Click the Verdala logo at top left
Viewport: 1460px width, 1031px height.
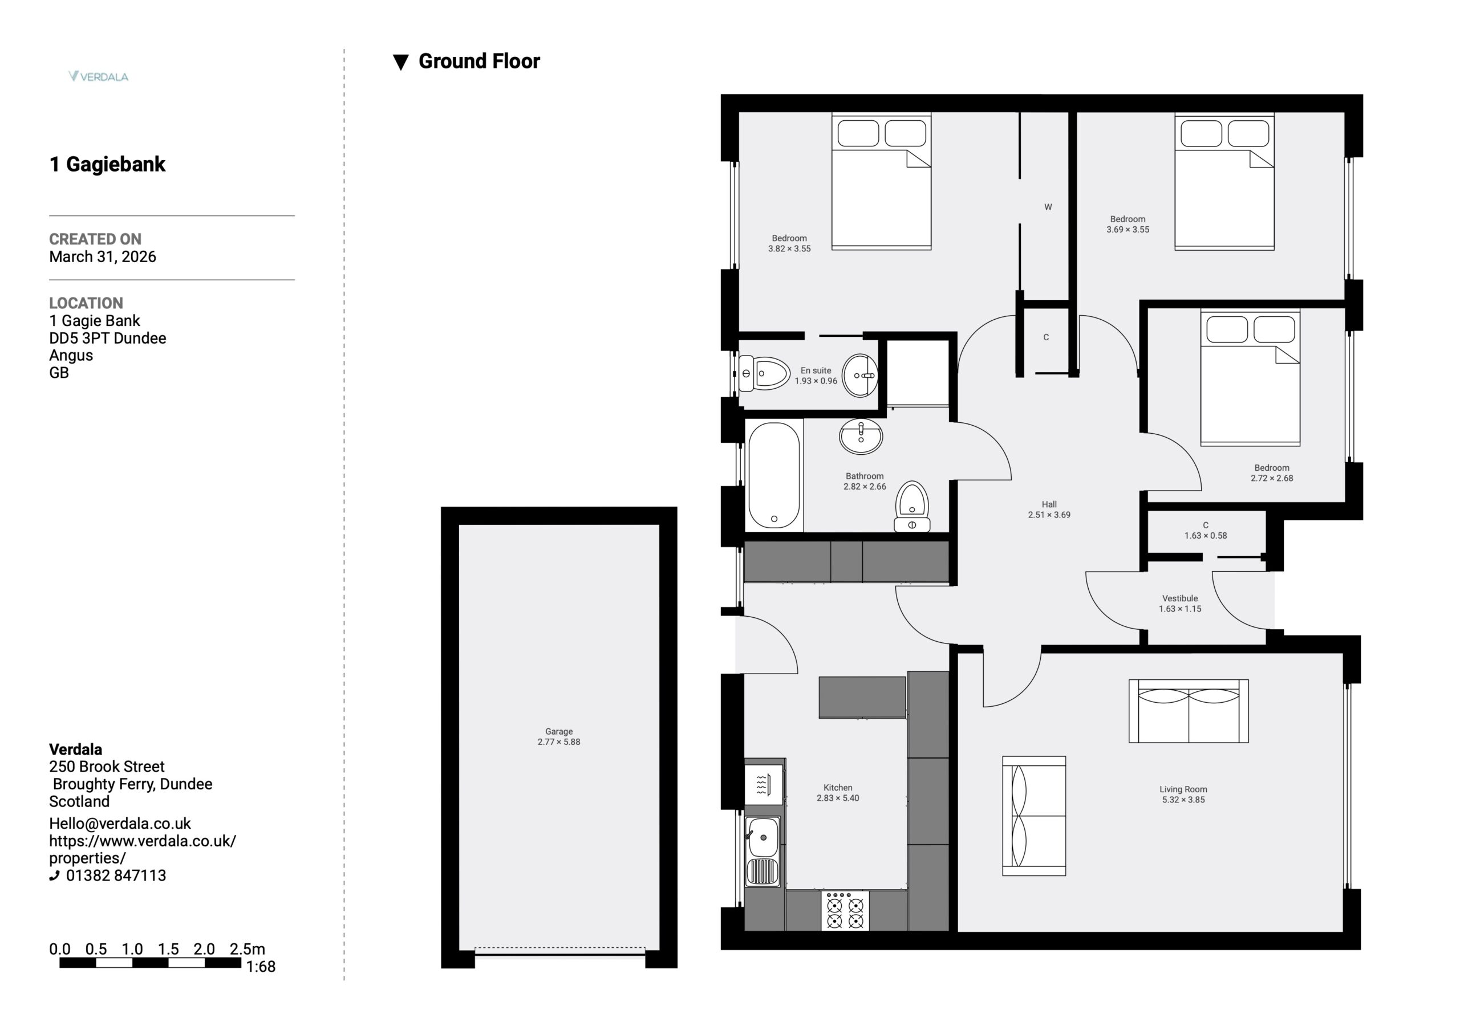pos(99,76)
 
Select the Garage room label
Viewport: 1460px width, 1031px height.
pos(559,732)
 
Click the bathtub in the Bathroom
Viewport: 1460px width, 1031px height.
pos(774,475)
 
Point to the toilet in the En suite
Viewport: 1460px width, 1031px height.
pos(764,374)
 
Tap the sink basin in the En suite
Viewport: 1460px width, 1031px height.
pos(859,376)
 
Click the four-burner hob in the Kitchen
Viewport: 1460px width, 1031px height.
pos(845,911)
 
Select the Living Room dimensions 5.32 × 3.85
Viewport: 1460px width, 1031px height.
pos(1183,800)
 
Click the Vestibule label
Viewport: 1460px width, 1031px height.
pos(1180,598)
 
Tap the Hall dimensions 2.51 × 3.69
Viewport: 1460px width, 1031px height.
pos(1049,515)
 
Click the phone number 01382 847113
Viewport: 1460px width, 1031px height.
pos(116,875)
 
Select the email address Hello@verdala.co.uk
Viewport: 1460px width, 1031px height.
pos(120,823)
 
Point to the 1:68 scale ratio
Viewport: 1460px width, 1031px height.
pos(261,967)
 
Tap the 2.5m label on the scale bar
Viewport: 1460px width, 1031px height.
pos(248,949)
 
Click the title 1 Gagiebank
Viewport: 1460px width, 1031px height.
pos(107,164)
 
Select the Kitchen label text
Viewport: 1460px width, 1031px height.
pos(837,788)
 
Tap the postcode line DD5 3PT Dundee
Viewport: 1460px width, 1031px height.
pos(107,338)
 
